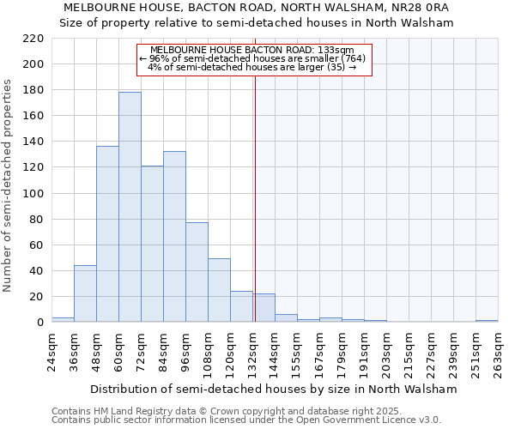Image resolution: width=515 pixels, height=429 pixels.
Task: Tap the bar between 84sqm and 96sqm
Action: pos(174,237)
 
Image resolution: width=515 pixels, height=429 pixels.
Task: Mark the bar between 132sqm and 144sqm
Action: pos(264,308)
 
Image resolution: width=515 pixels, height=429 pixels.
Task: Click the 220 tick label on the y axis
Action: pos(33,39)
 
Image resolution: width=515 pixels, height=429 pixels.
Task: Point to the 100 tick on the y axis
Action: pos(33,193)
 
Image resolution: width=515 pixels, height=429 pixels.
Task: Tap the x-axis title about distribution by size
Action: pos(274,389)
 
